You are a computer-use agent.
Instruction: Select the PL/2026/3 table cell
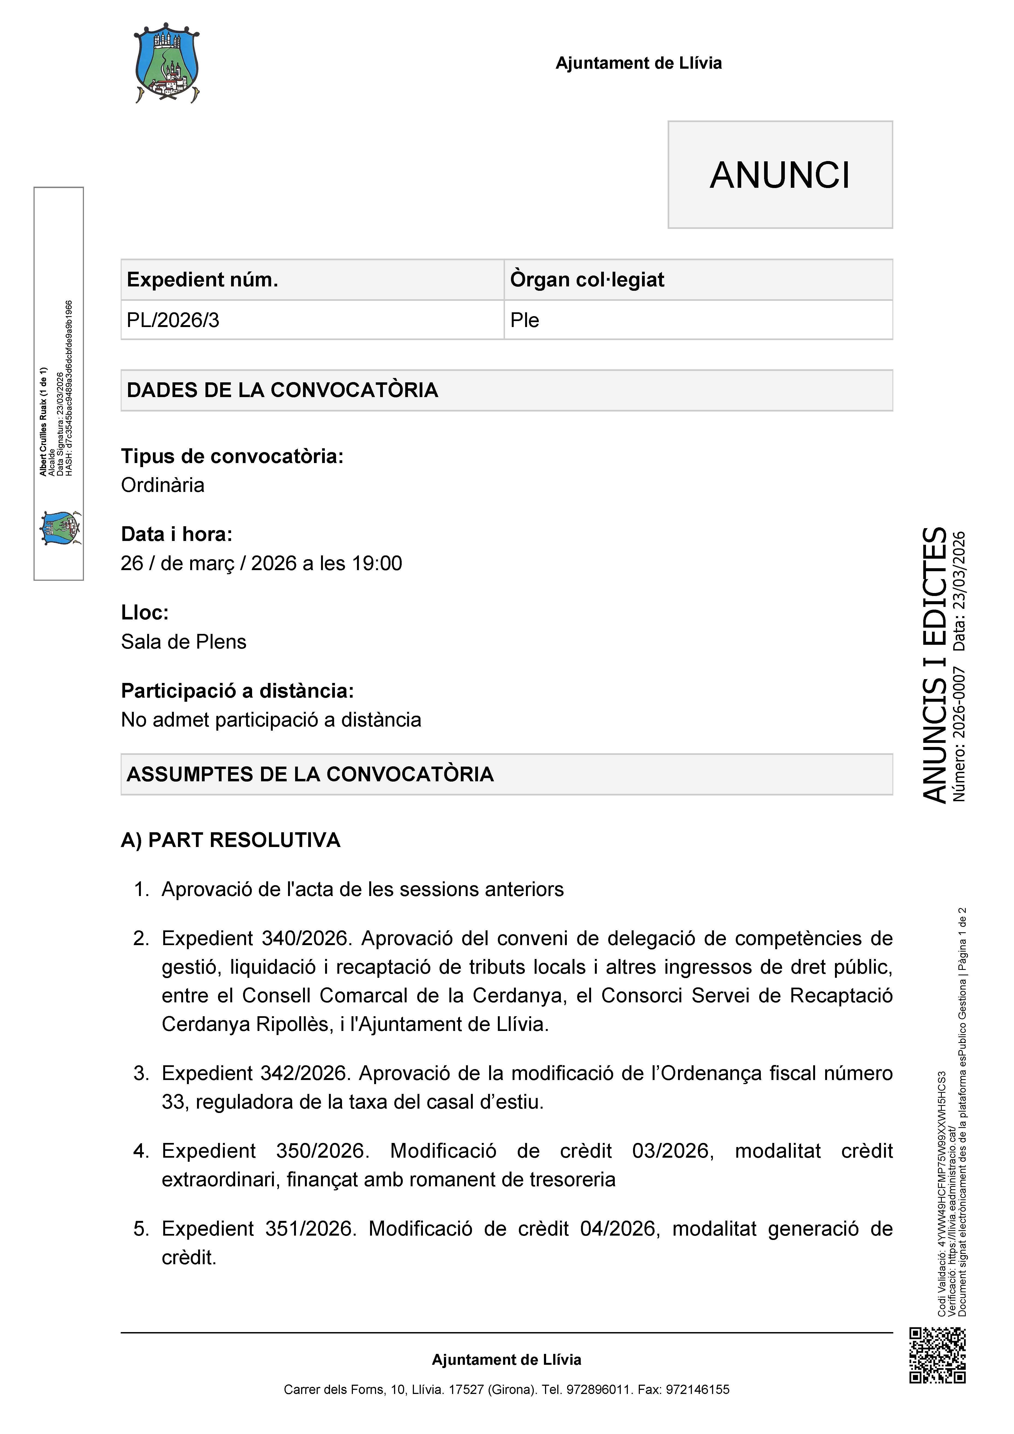pos(173,320)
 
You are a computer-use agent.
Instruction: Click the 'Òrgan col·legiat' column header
pos(587,280)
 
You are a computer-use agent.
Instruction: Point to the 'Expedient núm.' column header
pos(202,280)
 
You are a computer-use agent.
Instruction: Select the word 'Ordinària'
pos(162,485)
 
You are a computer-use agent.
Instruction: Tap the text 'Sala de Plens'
pos(184,642)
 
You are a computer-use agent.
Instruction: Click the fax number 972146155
pos(697,1390)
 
